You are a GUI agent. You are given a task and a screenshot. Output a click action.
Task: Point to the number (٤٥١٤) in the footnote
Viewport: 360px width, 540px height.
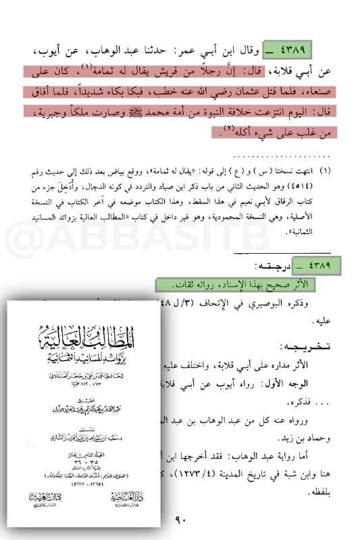pos(319,187)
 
